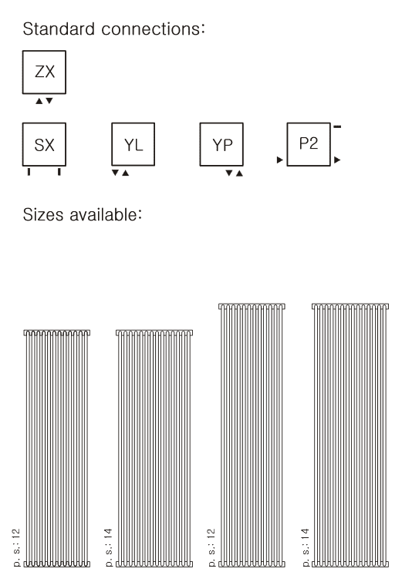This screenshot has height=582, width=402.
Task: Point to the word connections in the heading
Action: point(150,29)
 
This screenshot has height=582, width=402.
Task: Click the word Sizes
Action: point(43,214)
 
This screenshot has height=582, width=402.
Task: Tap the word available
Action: point(103,214)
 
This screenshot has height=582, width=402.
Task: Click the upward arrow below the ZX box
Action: point(39,101)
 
